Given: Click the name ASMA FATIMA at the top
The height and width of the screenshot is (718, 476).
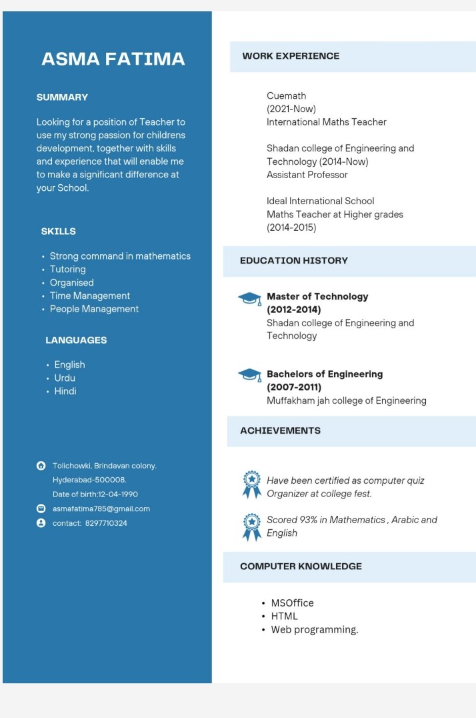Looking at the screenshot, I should (x=113, y=59).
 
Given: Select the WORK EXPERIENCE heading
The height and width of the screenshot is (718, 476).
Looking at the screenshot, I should (x=291, y=56).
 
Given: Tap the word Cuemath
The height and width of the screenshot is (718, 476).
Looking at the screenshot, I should (x=286, y=96).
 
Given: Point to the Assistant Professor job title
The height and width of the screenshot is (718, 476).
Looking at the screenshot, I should (x=307, y=175).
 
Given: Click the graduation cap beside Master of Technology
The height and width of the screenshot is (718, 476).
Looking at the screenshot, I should (x=249, y=298).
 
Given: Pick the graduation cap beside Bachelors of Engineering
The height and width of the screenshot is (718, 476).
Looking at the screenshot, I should (x=249, y=375).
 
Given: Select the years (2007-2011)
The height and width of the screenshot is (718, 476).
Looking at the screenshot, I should (x=294, y=387).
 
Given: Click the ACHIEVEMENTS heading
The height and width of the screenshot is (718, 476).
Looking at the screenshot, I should (x=280, y=431).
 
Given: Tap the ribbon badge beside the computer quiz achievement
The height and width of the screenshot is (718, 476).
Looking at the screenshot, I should (x=251, y=485).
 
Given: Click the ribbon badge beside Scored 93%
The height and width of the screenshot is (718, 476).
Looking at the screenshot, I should (x=251, y=526).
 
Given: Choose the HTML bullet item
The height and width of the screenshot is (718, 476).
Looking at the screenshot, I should (x=284, y=616).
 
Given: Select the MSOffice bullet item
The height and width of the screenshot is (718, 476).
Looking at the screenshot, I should (x=292, y=603).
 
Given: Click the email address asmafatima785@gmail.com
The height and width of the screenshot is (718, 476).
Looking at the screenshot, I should (x=101, y=508).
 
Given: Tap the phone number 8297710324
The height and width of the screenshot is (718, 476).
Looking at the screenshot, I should (x=106, y=523).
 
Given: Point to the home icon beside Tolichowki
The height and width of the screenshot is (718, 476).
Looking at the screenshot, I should (x=41, y=466).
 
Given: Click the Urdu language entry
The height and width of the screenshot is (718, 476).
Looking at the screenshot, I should (x=65, y=378).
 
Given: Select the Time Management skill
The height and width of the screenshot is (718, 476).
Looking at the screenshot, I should (x=90, y=296).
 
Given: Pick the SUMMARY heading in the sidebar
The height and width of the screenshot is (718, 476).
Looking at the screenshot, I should (x=62, y=97).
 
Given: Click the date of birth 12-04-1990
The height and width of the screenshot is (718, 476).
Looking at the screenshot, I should (x=118, y=494).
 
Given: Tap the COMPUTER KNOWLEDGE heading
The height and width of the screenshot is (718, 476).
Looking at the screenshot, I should (x=301, y=567).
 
